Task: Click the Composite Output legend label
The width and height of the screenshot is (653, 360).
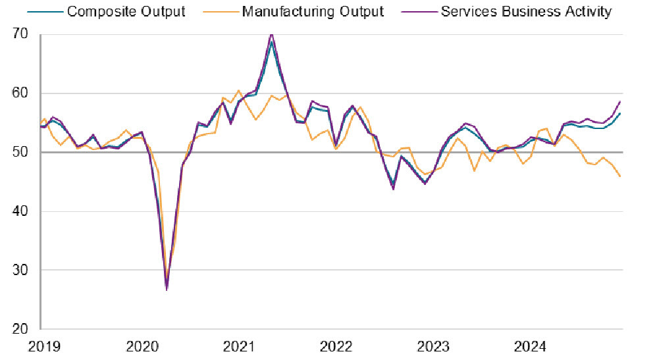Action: [126, 11]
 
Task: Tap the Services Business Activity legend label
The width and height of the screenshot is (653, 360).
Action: [526, 11]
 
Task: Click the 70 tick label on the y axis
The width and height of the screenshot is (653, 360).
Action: [23, 34]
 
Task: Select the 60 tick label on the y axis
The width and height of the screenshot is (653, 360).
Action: [23, 93]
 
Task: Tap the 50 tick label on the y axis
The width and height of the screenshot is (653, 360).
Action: [23, 152]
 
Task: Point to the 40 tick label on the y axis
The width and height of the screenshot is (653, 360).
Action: [23, 211]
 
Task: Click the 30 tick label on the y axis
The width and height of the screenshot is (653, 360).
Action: [23, 270]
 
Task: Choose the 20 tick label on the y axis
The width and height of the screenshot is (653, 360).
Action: [23, 329]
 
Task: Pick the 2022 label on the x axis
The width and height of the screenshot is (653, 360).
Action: [336, 346]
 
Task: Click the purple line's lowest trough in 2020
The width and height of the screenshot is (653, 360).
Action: [167, 290]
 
